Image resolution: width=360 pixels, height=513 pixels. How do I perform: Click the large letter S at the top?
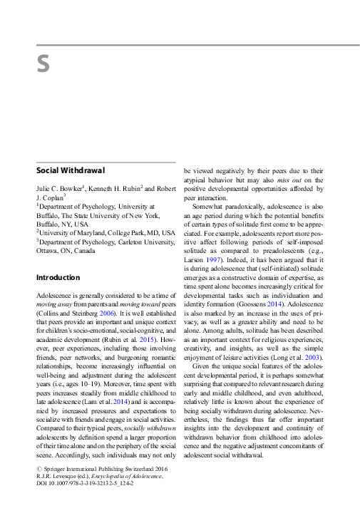click(x=43, y=65)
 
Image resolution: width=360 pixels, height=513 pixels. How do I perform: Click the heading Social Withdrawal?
click(x=71, y=171)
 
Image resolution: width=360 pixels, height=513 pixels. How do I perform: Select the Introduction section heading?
click(x=58, y=277)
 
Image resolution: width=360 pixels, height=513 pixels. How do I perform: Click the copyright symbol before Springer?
click(x=38, y=470)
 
